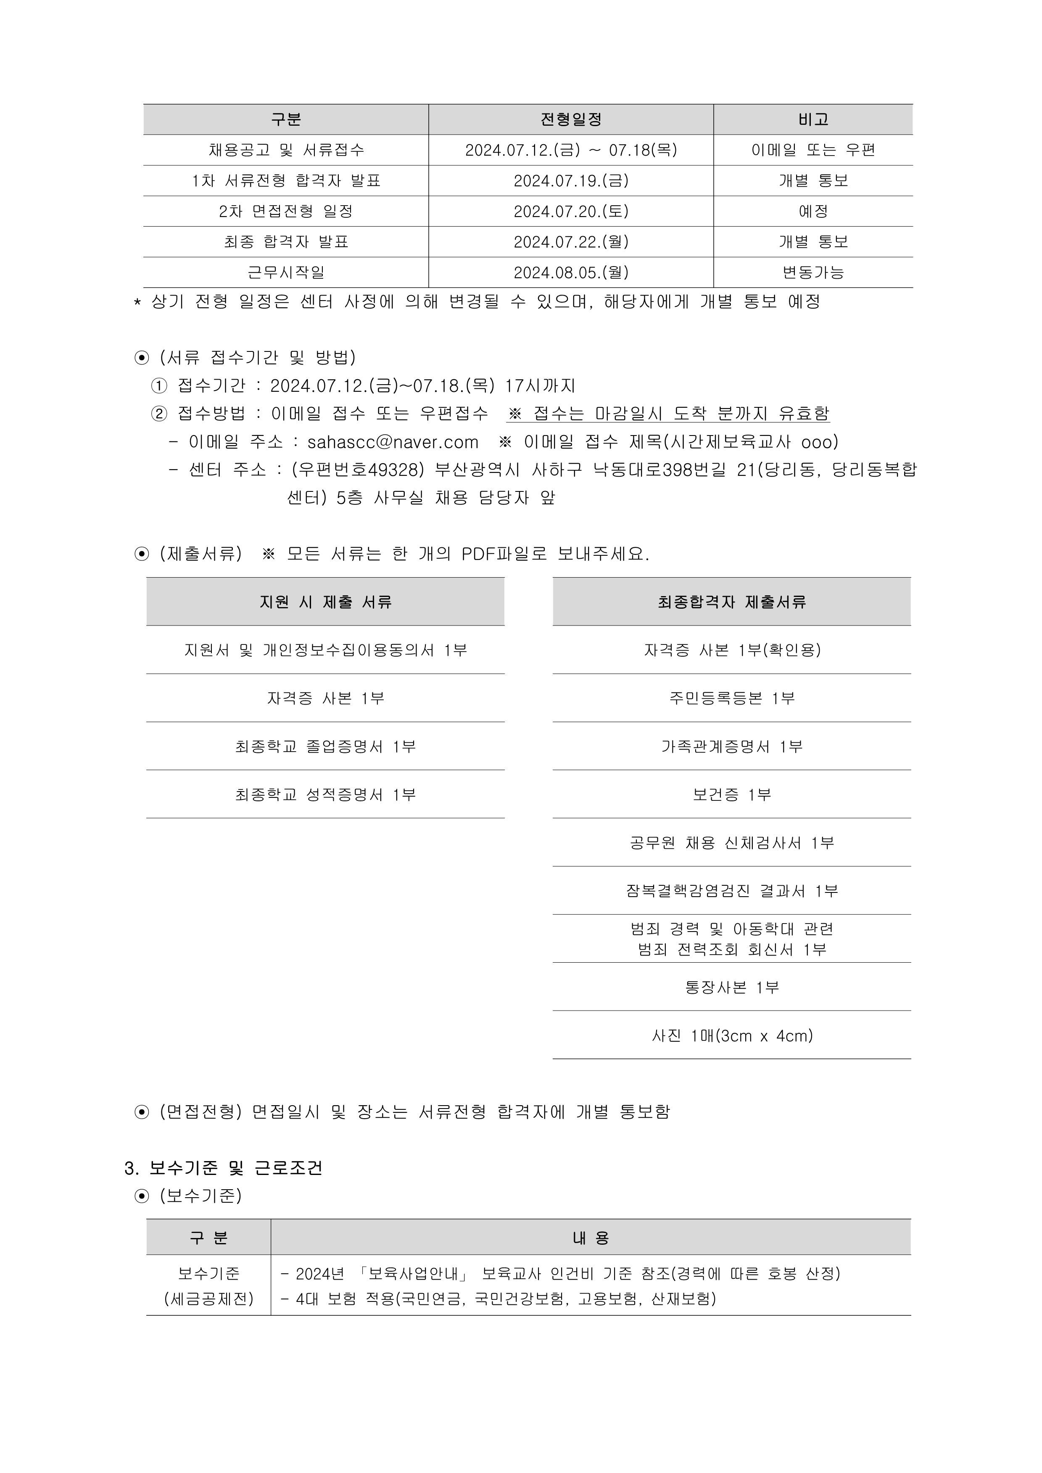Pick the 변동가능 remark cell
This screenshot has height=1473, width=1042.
(813, 273)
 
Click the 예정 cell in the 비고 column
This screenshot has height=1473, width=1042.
(813, 211)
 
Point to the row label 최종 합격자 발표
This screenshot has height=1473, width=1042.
(286, 242)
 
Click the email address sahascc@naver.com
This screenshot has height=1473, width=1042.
(393, 442)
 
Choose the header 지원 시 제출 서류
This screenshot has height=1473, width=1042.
(325, 602)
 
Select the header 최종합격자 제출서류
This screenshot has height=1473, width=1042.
(731, 602)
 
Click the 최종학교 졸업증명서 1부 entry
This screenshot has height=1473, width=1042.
(325, 746)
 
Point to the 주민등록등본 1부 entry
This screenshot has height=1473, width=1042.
(731, 698)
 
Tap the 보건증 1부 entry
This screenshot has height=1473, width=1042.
(731, 794)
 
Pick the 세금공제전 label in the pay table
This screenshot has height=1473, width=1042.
(208, 1299)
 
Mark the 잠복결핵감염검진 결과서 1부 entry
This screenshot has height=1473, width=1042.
(731, 890)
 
